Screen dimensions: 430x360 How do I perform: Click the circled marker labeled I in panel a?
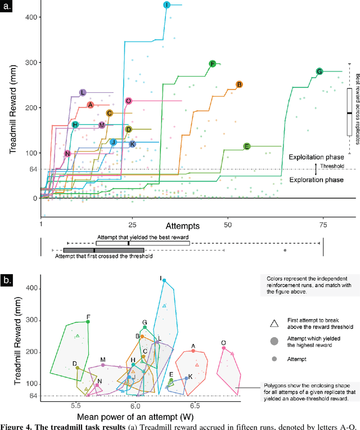[x=166, y=5]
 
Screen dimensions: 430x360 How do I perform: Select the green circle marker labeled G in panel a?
[x=319, y=71]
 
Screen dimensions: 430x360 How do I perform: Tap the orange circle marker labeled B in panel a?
[x=239, y=84]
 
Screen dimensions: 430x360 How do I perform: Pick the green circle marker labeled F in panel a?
[x=212, y=64]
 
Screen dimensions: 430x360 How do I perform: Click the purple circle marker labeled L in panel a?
[x=83, y=92]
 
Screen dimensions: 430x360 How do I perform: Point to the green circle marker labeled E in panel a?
[x=246, y=146]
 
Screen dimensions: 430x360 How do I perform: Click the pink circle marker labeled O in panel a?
[x=128, y=101]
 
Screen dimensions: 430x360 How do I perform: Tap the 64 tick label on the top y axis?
[x=32, y=169]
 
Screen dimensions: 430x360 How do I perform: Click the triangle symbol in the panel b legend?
[x=274, y=323]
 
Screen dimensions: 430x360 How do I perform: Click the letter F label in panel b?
[x=88, y=317]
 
